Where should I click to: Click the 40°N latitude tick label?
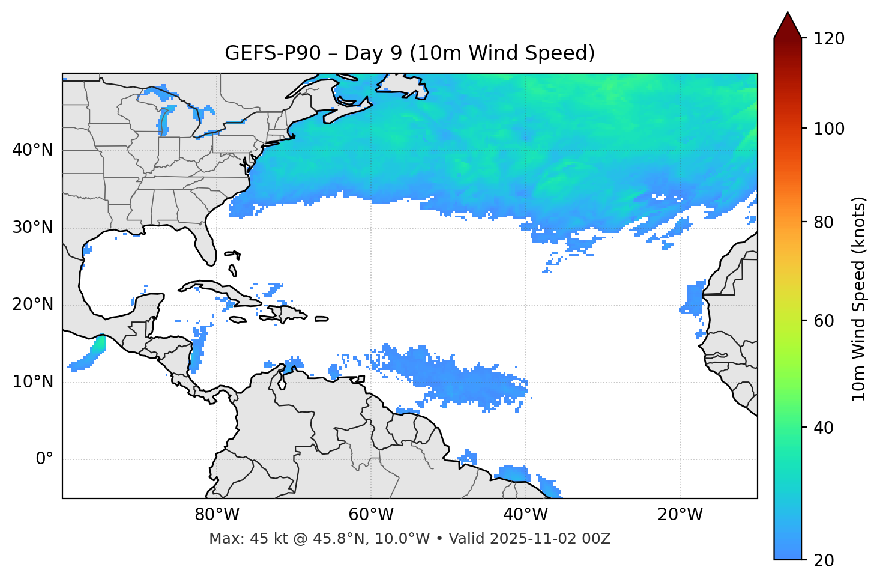(x=32, y=150)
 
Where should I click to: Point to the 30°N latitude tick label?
(x=32, y=228)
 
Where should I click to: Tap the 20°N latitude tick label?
(x=32, y=305)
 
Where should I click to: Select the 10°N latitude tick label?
(x=32, y=382)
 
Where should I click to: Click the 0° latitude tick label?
(x=44, y=459)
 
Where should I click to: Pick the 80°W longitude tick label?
(x=217, y=515)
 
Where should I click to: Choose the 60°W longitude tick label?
(x=371, y=515)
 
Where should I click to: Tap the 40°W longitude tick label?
(x=525, y=515)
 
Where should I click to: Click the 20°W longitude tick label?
(x=680, y=515)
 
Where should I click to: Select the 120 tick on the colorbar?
(x=828, y=38)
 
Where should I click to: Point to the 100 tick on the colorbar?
(x=828, y=129)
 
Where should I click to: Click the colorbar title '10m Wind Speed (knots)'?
(x=859, y=299)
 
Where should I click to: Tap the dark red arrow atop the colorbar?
(x=788, y=26)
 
